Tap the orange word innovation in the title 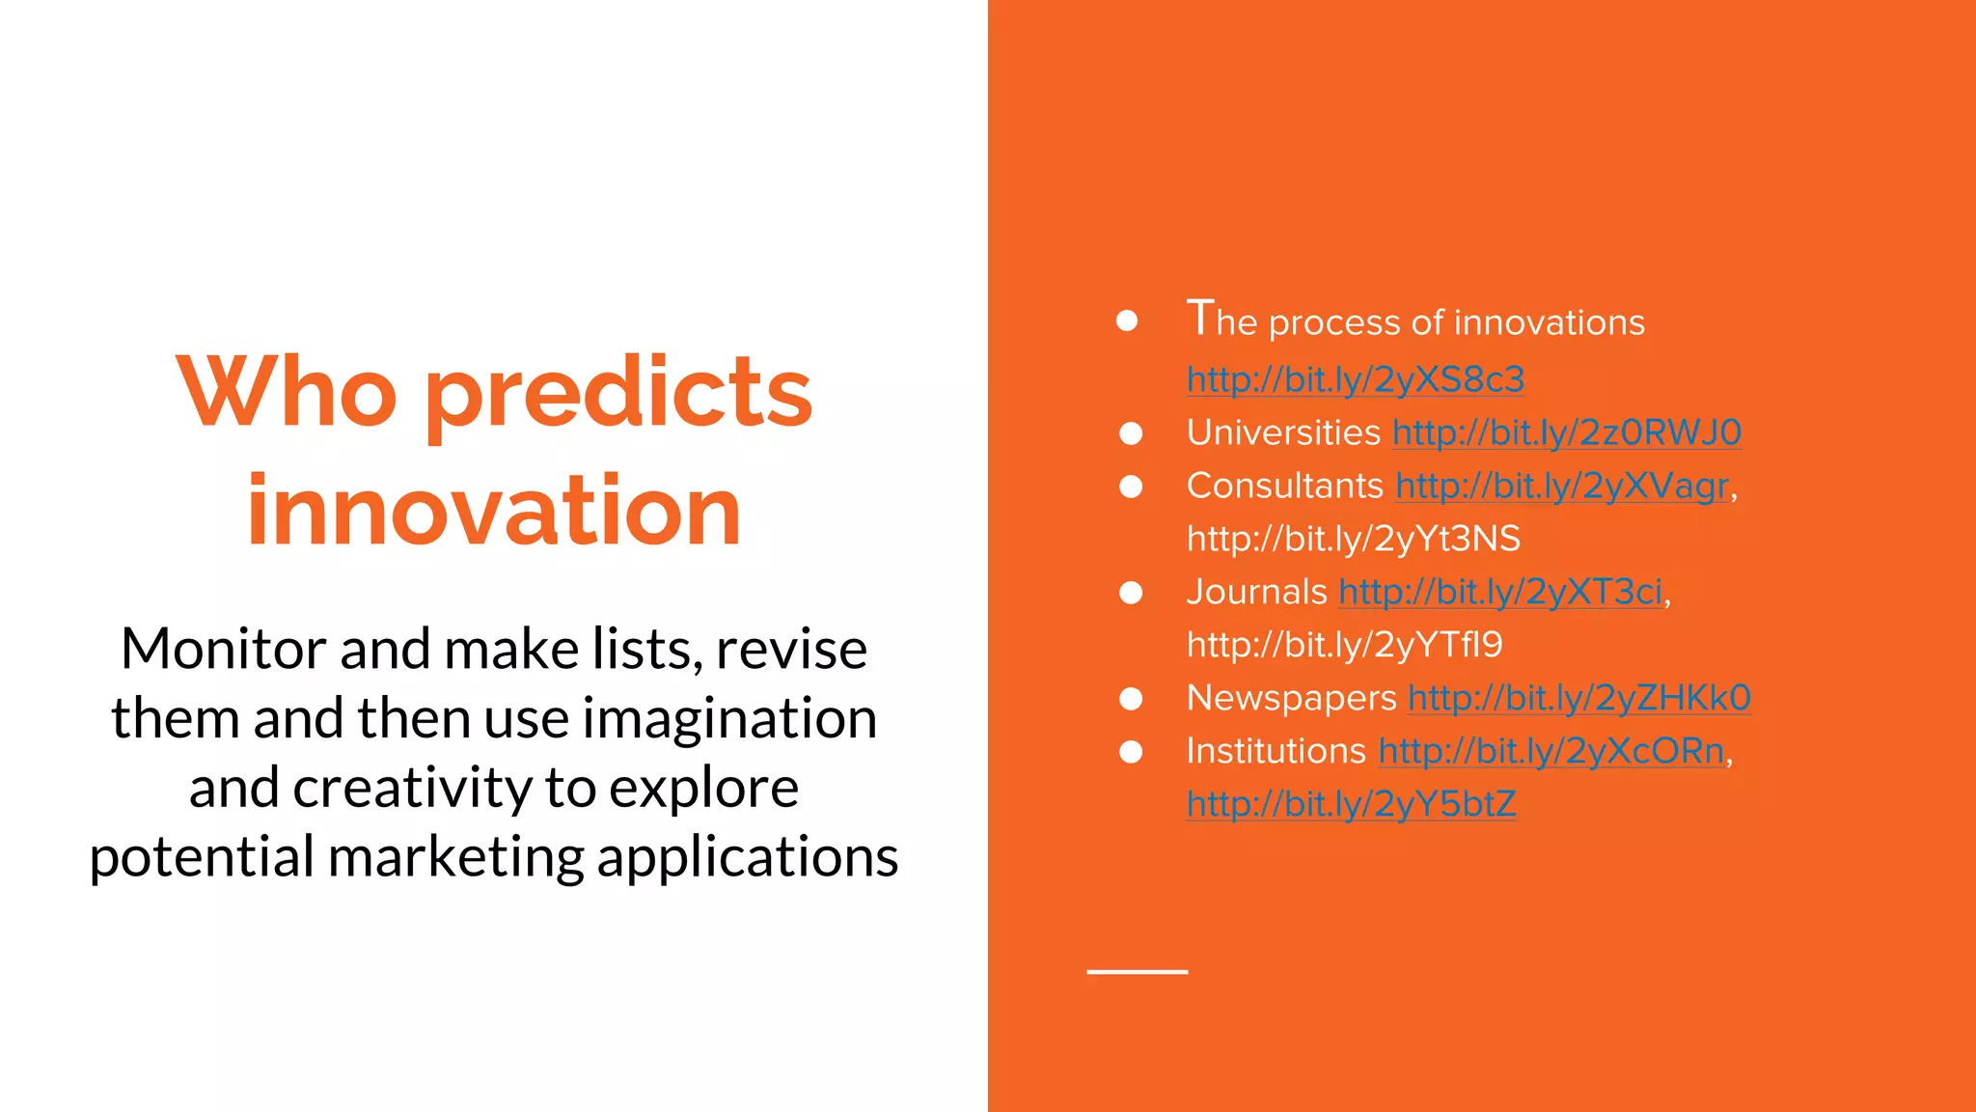tap(493, 511)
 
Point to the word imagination tap(729, 719)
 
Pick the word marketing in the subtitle tap(455, 857)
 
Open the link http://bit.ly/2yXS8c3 tap(1355, 379)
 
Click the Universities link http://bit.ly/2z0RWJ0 tap(1566, 432)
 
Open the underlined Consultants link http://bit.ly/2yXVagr tap(1561, 486)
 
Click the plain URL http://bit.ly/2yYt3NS tap(1353, 539)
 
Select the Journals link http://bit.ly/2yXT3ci tap(1500, 592)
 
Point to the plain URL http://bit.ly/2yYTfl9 tap(1344, 645)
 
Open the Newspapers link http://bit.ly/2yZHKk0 tap(1578, 698)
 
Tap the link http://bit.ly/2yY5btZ tap(1351, 804)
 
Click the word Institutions tap(1276, 751)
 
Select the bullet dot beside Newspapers tap(1131, 698)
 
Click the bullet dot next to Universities tap(1131, 433)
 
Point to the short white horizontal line tap(1137, 971)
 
